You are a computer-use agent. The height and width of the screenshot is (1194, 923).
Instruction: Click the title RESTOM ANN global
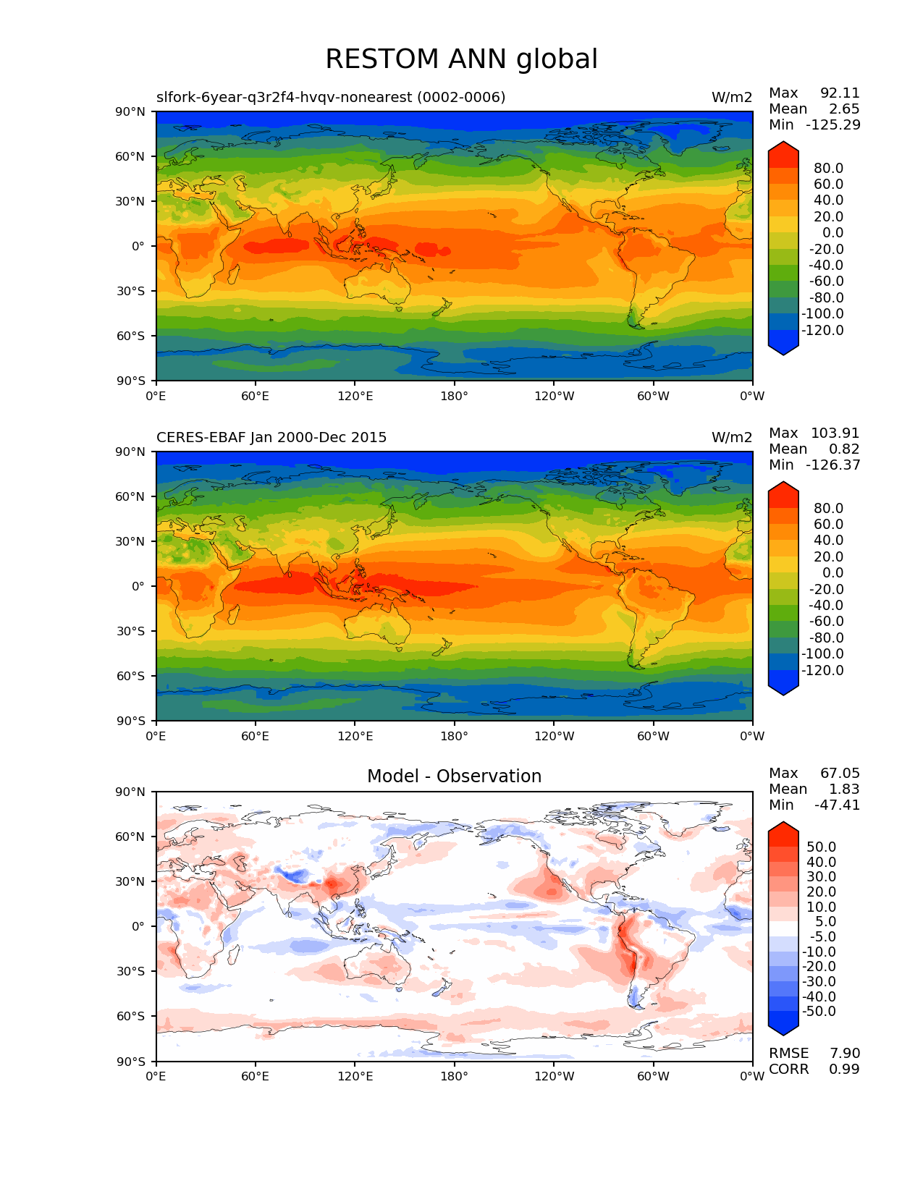click(x=461, y=59)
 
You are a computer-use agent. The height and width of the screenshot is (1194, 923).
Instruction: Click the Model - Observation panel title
click(x=454, y=776)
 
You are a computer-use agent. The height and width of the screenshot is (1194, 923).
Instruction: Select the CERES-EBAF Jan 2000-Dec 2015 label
click(x=271, y=438)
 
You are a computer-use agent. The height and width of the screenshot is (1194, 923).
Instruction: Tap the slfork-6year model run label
click(x=331, y=98)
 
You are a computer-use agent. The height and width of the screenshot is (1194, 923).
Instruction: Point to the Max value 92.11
click(x=840, y=93)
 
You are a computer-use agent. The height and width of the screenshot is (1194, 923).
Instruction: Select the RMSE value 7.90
click(x=844, y=1054)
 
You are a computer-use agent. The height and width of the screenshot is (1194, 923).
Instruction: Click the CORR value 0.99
click(x=844, y=1070)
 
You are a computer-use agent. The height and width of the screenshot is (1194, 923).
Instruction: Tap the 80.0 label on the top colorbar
click(x=828, y=169)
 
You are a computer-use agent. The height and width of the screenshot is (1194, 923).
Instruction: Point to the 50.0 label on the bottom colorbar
click(x=821, y=847)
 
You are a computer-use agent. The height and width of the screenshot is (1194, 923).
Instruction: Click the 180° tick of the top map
click(x=454, y=397)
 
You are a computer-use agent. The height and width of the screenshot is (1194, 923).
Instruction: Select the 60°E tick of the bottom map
click(x=255, y=1077)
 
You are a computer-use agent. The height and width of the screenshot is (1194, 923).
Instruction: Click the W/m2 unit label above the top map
click(x=732, y=98)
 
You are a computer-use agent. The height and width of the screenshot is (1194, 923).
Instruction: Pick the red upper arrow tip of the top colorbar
click(x=783, y=148)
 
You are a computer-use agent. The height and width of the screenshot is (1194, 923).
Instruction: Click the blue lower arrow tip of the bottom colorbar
click(x=783, y=1028)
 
